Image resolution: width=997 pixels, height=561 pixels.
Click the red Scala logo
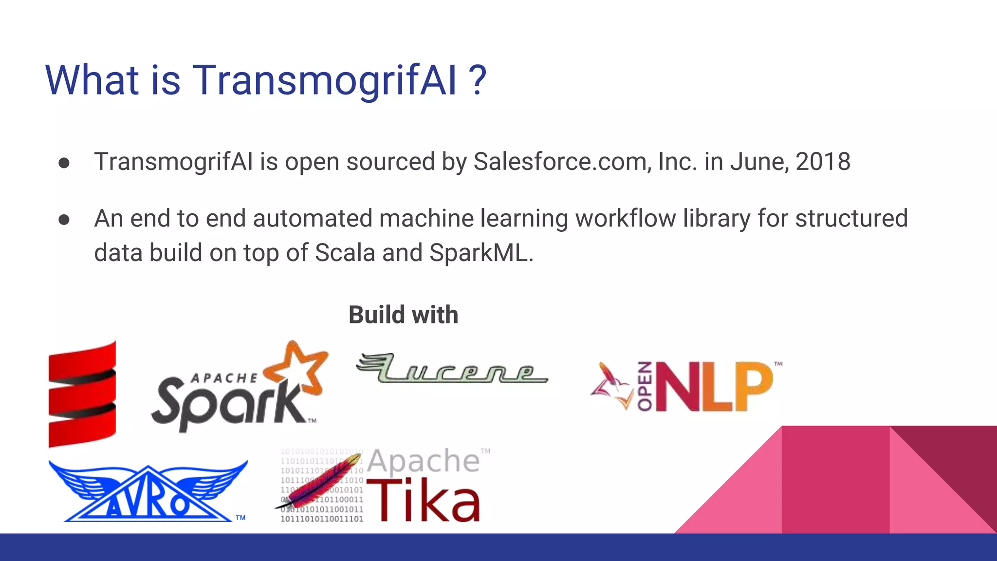[x=82, y=393]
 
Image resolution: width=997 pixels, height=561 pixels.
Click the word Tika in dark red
[x=424, y=500]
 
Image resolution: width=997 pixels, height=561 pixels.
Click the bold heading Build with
[x=403, y=315]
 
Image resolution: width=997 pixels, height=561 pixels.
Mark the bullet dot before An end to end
[x=64, y=220]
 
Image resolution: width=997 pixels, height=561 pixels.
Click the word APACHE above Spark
[x=224, y=378]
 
